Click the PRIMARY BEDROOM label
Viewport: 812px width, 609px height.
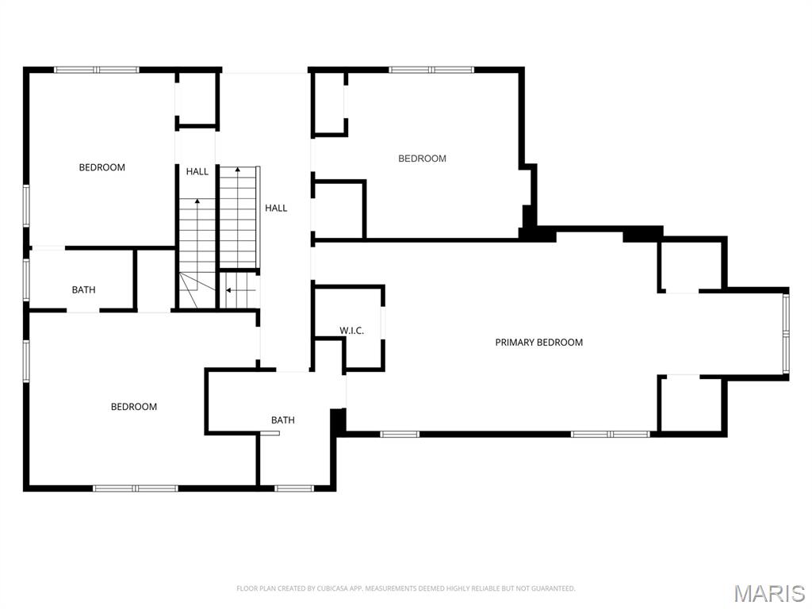pos(539,343)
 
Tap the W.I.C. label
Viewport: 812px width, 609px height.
pos(352,331)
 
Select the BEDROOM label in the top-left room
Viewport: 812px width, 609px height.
pos(102,167)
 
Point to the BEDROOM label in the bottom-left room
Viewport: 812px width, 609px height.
pos(134,407)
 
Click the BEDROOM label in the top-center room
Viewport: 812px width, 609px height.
pos(422,159)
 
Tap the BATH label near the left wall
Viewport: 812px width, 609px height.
pos(84,290)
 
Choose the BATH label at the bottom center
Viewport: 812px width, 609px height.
pos(283,420)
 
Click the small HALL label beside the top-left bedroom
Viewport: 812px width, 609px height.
pos(197,172)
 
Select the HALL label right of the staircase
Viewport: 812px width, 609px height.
pos(276,209)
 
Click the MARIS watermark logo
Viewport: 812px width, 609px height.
pos(769,593)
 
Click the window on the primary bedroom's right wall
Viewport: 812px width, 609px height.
pos(786,333)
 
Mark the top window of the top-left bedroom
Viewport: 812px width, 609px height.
pos(97,70)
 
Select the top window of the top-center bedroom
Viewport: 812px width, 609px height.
pos(431,70)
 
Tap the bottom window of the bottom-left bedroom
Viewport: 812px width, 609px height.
pos(136,488)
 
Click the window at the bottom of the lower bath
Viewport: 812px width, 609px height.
pos(294,488)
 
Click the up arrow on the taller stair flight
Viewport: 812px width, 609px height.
pos(237,170)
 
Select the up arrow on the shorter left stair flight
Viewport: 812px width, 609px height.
pos(197,203)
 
